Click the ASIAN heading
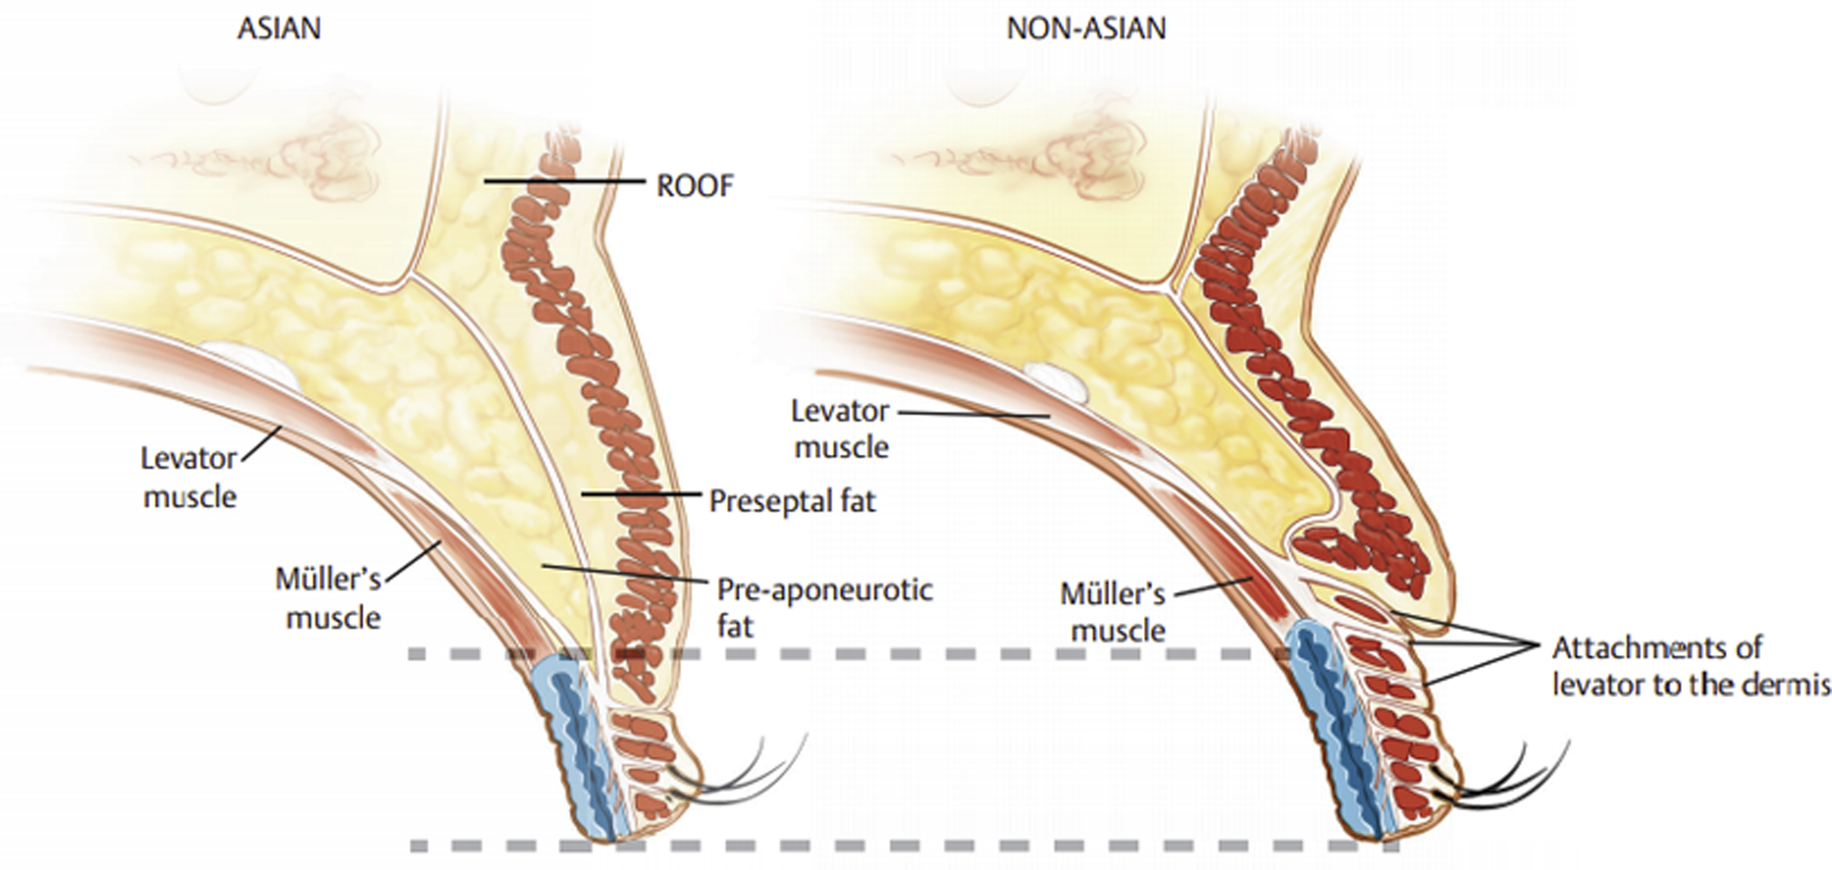click(279, 29)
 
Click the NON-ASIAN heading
click(1086, 29)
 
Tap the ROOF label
click(694, 186)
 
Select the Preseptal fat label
click(792, 501)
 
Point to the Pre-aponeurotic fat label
click(824, 608)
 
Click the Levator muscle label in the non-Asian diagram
click(840, 429)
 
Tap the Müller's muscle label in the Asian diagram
click(329, 598)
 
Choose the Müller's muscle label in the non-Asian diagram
click(1113, 612)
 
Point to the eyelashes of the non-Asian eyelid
click(1515, 782)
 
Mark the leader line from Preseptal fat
click(640, 493)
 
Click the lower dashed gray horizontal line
click(903, 846)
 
